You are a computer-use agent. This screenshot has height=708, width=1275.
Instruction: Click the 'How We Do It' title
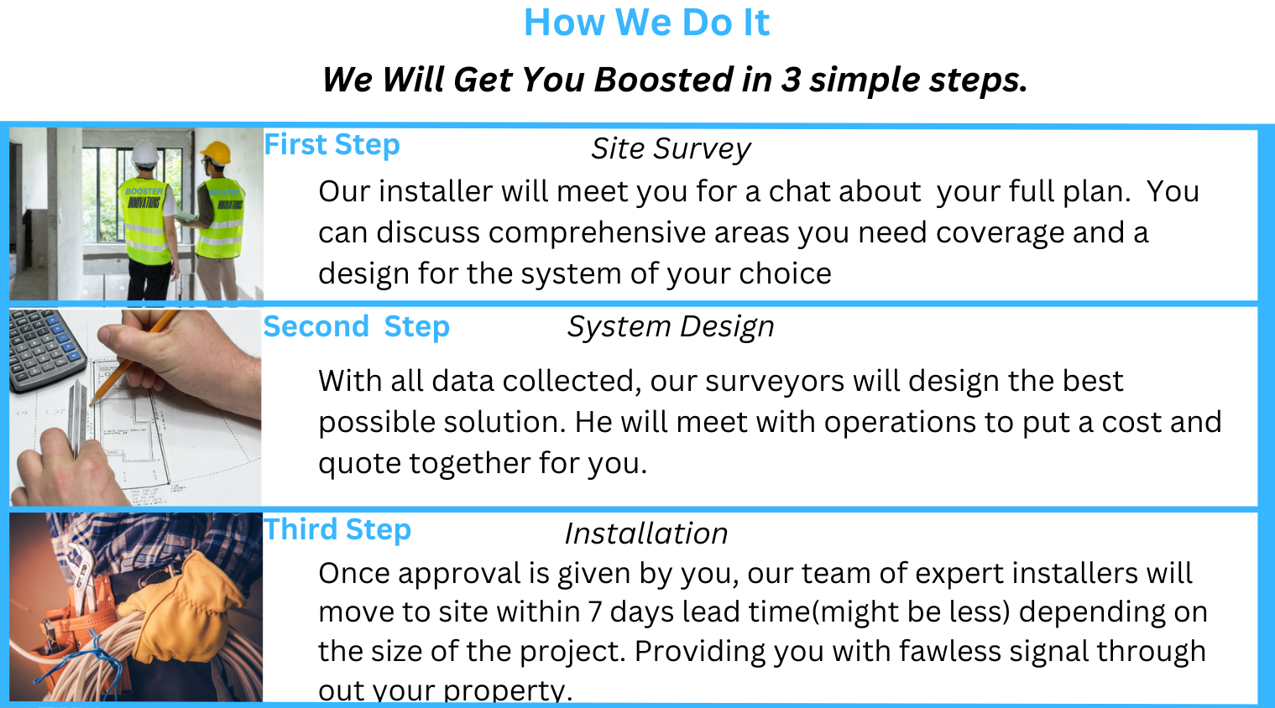point(646,23)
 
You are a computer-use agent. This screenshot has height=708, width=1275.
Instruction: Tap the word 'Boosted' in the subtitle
point(664,79)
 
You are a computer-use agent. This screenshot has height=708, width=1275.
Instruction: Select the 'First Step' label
point(332,144)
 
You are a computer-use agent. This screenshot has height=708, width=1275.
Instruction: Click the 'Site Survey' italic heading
point(671,149)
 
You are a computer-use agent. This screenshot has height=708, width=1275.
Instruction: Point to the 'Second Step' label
point(357,327)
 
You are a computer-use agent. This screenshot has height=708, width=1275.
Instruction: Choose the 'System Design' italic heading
point(671,327)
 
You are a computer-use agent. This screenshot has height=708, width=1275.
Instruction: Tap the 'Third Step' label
point(337,529)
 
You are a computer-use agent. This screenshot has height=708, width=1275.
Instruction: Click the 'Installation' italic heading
point(646,534)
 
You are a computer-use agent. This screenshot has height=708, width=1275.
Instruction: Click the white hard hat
point(144,153)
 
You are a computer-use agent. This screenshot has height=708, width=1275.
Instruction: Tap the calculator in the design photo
point(45,351)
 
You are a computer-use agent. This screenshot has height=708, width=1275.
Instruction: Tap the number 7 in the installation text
point(595,612)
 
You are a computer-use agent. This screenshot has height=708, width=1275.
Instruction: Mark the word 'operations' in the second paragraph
point(900,423)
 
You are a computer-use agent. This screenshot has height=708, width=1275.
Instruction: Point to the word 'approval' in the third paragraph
point(459,574)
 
